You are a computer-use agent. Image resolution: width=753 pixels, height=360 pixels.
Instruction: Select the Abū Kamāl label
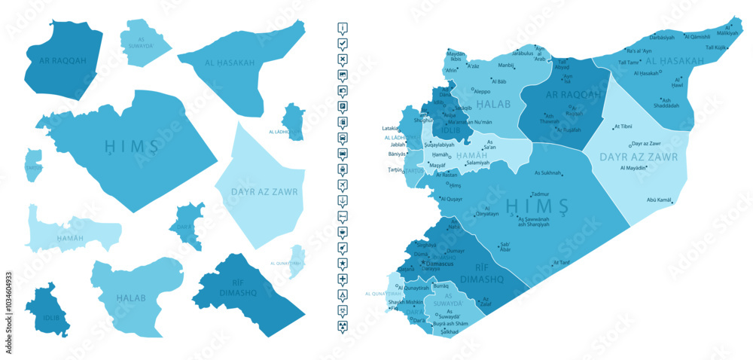(659, 200)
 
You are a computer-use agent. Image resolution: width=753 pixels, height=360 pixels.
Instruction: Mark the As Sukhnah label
(547, 172)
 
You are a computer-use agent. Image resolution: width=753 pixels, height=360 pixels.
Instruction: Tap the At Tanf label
(562, 263)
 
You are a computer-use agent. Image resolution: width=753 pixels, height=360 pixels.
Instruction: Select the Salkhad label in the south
(450, 331)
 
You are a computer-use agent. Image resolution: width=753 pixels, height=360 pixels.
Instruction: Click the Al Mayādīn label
(633, 168)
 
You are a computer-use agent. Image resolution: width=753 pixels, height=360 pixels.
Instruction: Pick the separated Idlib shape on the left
(47, 310)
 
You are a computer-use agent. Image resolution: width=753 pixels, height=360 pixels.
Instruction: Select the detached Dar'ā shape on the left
(190, 226)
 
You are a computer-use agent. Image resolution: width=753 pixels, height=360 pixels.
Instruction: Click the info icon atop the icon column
(343, 28)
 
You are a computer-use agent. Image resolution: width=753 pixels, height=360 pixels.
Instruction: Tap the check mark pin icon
(343, 44)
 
